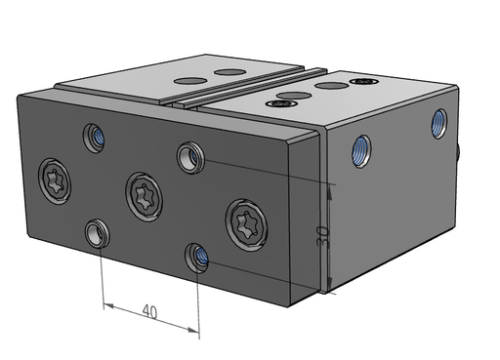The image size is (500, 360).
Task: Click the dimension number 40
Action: point(149,311)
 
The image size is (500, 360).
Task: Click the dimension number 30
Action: point(322,236)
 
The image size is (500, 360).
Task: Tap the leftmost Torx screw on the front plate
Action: point(55,181)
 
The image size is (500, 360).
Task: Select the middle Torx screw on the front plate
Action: point(144,197)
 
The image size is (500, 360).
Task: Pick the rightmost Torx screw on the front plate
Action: point(246,225)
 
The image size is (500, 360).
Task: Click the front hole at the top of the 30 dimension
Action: point(190,157)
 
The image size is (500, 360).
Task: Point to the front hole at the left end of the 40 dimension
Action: point(97,233)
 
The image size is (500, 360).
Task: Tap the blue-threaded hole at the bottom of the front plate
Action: point(197,258)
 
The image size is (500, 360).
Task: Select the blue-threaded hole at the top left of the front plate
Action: point(94,138)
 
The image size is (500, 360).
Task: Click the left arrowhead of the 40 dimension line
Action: point(108,305)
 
